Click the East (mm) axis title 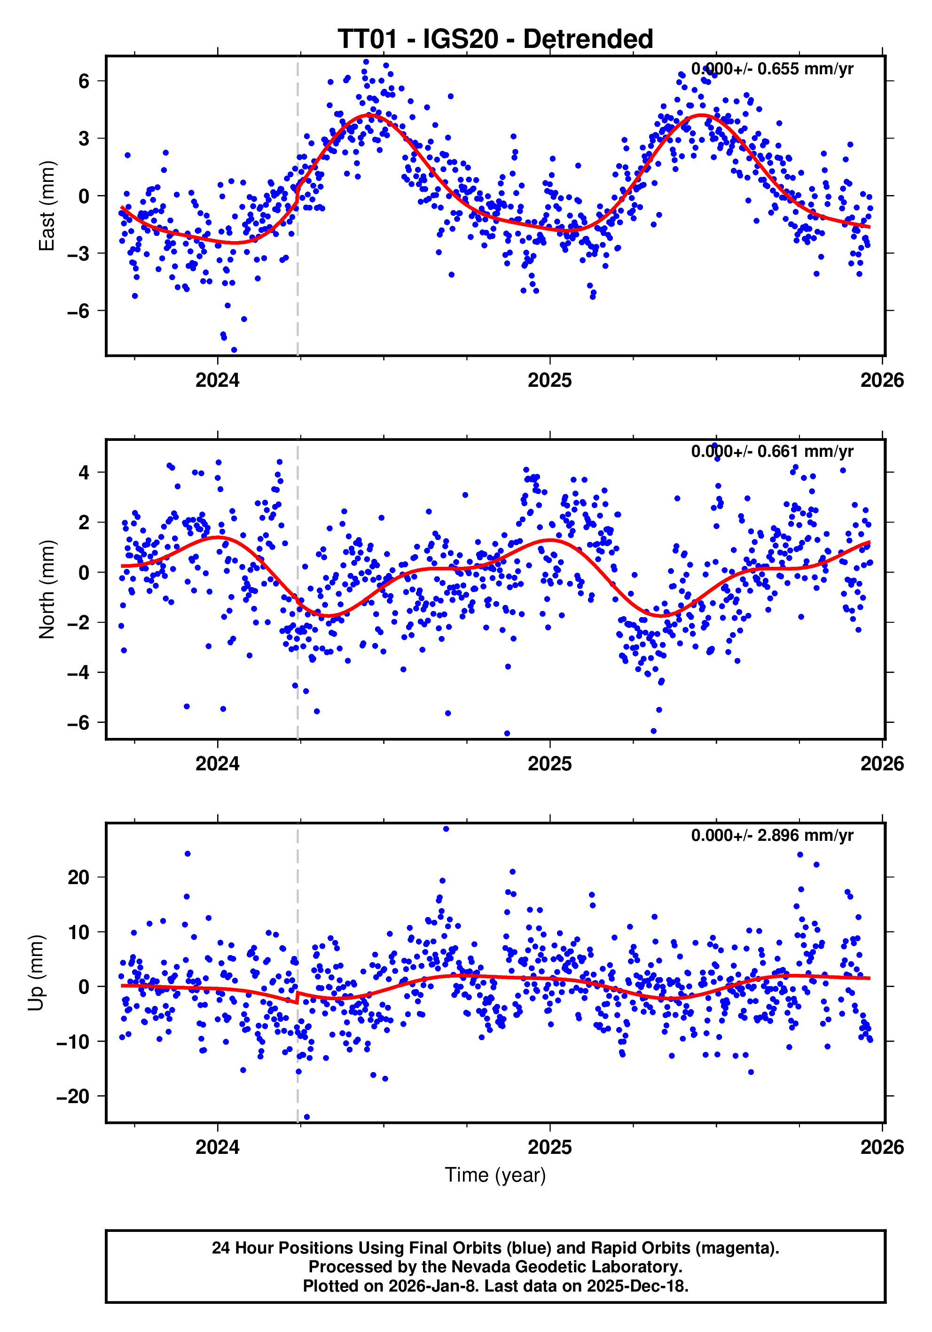[47, 206]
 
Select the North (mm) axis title [47, 589]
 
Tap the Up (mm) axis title [36, 973]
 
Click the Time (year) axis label [495, 1175]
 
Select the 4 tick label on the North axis [84, 472]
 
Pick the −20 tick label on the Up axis [73, 1097]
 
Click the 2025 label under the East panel [549, 381]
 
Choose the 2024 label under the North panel [218, 764]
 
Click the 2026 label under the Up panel [882, 1147]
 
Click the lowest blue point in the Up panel [307, 1117]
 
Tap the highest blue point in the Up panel [446, 829]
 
